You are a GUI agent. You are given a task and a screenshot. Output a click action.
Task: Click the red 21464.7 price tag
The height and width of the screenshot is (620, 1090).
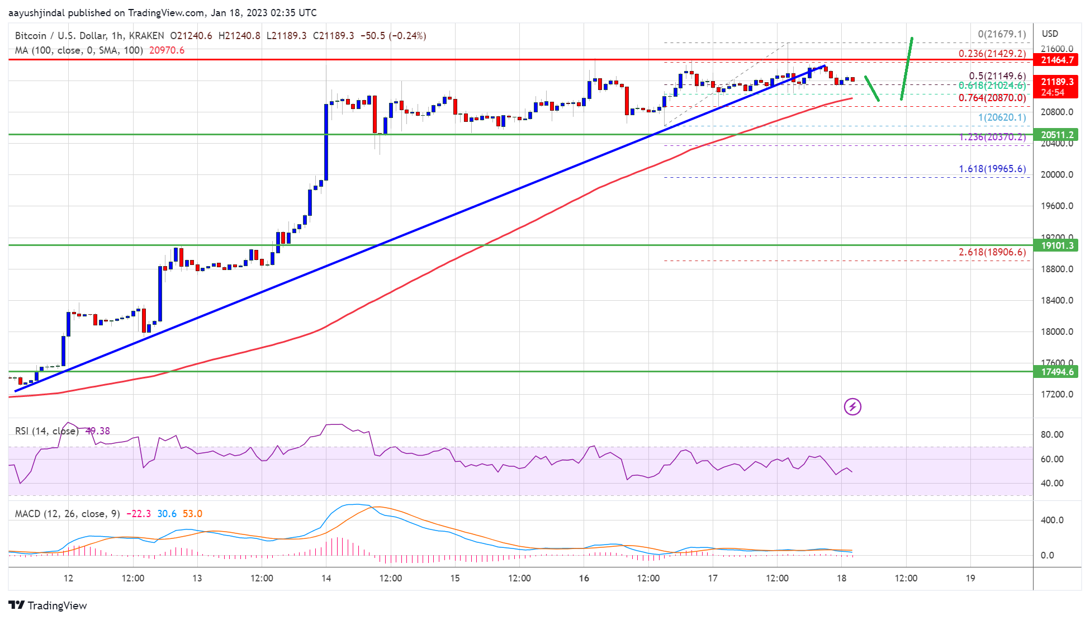pyautogui.click(x=1057, y=60)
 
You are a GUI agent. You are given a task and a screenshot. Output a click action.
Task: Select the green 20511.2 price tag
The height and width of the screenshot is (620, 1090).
pyautogui.click(x=1057, y=135)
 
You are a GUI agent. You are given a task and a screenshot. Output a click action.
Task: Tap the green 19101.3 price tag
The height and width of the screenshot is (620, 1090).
pyautogui.click(x=1057, y=245)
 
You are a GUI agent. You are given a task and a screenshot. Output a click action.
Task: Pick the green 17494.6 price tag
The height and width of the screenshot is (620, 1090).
pyautogui.click(x=1057, y=372)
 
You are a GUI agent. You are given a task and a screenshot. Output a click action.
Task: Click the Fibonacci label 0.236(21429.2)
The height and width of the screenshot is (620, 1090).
pyautogui.click(x=992, y=54)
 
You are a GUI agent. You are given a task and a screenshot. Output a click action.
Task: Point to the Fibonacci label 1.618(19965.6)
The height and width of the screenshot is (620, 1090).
pyautogui.click(x=992, y=169)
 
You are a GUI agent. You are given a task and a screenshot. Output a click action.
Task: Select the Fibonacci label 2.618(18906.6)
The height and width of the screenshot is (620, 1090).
pyautogui.click(x=992, y=252)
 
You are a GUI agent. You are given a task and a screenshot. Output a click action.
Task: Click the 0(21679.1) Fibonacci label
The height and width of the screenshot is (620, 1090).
pyautogui.click(x=1001, y=34)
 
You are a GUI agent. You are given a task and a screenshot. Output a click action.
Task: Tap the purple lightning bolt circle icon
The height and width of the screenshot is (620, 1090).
pyautogui.click(x=852, y=406)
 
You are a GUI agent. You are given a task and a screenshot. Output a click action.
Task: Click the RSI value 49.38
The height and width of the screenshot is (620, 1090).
pyautogui.click(x=98, y=431)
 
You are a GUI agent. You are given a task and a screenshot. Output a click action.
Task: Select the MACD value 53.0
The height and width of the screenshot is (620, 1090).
pyautogui.click(x=192, y=514)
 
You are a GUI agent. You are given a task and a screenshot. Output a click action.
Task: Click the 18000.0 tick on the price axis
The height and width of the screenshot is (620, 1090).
pyautogui.click(x=1056, y=332)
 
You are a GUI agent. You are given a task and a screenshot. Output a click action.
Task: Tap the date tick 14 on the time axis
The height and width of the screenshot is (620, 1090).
pyautogui.click(x=326, y=578)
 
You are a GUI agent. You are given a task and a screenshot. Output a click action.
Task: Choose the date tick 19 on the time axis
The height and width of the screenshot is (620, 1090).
pyautogui.click(x=970, y=578)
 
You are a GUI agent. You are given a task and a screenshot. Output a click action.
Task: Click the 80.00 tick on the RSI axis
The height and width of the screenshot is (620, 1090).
pyautogui.click(x=1051, y=434)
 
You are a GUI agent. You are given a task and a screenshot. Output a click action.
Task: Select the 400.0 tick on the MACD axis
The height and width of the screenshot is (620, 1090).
pyautogui.click(x=1051, y=520)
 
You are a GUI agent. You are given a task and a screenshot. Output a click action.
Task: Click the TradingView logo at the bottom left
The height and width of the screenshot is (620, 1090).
pyautogui.click(x=48, y=605)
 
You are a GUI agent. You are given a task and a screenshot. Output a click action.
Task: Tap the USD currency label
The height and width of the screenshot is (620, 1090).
pyautogui.click(x=1050, y=34)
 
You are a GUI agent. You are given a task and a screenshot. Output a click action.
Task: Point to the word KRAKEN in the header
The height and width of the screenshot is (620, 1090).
pyautogui.click(x=146, y=36)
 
